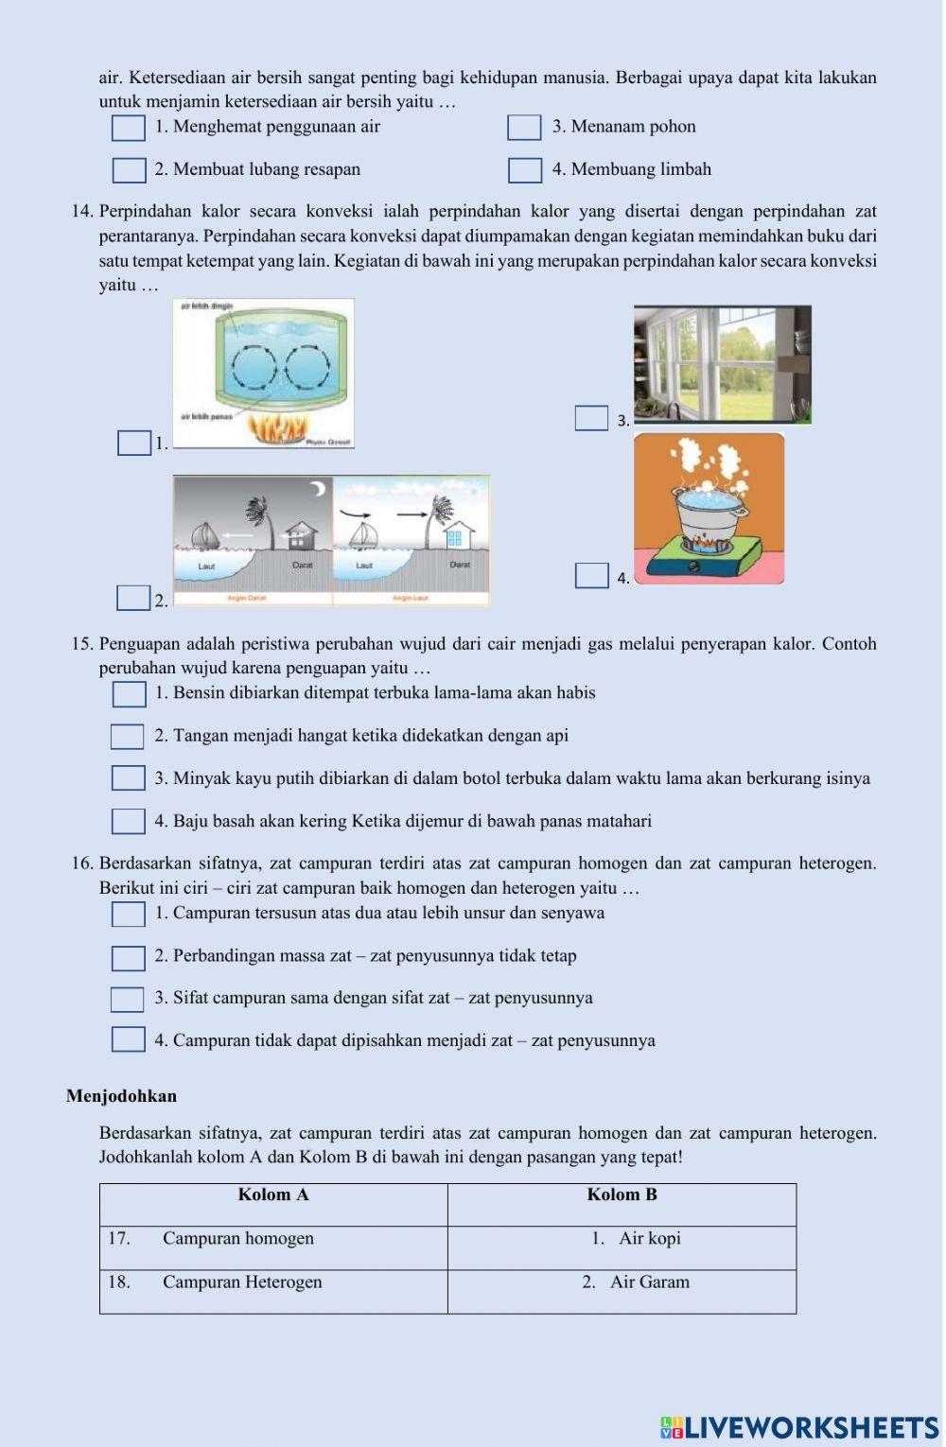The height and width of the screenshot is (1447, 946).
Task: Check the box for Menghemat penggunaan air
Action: (129, 128)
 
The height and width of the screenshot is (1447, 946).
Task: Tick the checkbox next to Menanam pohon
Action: (524, 128)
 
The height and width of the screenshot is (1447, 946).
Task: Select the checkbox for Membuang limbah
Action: (525, 170)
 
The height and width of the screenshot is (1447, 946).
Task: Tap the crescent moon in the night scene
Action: (319, 488)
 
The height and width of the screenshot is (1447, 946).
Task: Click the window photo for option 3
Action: (722, 363)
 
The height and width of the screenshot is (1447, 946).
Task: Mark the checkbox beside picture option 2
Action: (133, 598)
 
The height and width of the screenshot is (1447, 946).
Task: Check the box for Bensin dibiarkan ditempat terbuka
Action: (129, 694)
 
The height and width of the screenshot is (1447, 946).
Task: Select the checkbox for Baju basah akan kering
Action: (129, 821)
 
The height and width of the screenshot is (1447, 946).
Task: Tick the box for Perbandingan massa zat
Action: (129, 958)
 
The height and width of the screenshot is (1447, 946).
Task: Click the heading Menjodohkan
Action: (121, 1096)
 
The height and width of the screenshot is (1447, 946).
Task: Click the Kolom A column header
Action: (273, 1194)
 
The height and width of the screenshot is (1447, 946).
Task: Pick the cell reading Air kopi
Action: (636, 1239)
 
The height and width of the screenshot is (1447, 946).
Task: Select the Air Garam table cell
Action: (636, 1282)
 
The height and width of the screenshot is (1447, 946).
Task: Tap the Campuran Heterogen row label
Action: (241, 1282)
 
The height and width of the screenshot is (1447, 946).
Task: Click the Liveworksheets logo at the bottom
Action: (799, 1427)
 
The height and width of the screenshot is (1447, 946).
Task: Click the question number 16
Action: (82, 863)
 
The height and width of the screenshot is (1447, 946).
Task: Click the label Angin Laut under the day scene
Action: (411, 599)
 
